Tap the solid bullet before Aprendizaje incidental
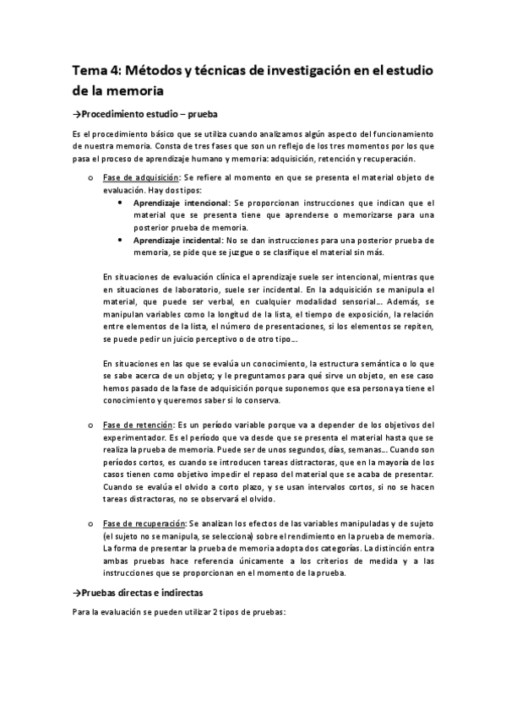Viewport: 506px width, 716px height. pyautogui.click(x=124, y=241)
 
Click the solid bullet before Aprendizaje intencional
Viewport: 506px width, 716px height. pyautogui.click(x=124, y=203)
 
